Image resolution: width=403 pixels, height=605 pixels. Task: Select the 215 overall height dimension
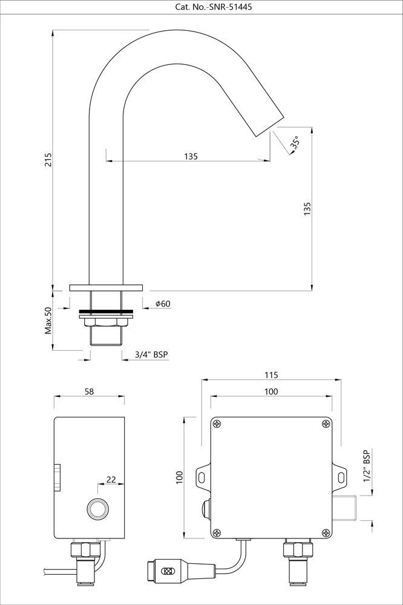tap(48, 159)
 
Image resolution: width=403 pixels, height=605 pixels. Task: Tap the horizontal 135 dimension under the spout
tap(191, 156)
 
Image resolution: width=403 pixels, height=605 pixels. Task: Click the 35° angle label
tap(294, 143)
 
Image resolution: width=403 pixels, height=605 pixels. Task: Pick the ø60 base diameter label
tap(162, 304)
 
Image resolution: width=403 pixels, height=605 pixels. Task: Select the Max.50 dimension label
tap(48, 321)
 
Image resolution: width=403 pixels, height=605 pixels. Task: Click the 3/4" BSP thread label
tap(152, 355)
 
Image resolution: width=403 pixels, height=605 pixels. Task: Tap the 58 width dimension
tap(89, 391)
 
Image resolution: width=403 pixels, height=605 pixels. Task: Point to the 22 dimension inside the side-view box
tap(111, 479)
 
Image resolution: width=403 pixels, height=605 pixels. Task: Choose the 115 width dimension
tap(271, 375)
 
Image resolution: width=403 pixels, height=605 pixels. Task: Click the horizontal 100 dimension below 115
tap(271, 391)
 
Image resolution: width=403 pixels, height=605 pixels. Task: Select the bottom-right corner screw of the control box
tap(326, 532)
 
